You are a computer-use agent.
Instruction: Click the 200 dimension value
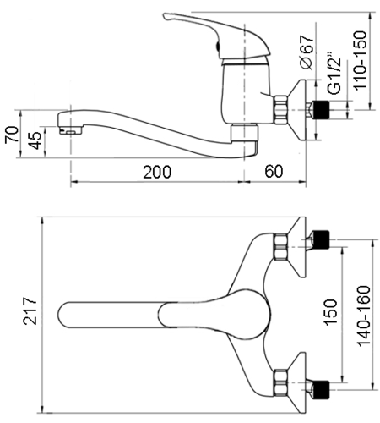157,172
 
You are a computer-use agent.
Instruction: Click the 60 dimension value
274,171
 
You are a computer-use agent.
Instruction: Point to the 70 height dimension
12,135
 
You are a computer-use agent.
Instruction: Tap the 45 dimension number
35,140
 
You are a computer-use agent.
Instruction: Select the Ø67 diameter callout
307,52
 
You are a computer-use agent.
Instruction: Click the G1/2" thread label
334,73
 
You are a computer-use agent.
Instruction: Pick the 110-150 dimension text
361,60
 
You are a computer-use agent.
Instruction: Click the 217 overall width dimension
30,310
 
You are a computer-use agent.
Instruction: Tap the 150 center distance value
330,312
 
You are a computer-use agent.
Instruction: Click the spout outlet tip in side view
69,132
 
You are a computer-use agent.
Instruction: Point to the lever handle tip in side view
166,16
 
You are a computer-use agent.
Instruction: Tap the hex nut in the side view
281,110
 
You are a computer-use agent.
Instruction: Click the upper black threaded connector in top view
321,239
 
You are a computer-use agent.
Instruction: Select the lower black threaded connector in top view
321,390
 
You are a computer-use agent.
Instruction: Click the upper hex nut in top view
281,247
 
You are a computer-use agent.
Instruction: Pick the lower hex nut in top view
281,382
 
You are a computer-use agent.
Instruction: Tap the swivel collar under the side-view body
244,133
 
